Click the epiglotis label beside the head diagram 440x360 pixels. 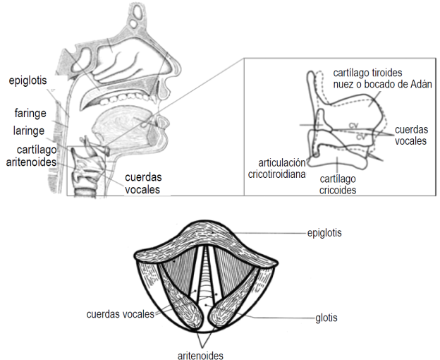point(29,80)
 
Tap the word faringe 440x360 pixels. point(29,113)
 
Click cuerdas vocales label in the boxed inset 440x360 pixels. point(411,136)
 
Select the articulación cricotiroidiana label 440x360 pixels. point(277,167)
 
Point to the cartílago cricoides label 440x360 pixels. point(338,184)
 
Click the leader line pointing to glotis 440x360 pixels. point(282,318)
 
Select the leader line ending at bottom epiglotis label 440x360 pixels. point(275,231)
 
